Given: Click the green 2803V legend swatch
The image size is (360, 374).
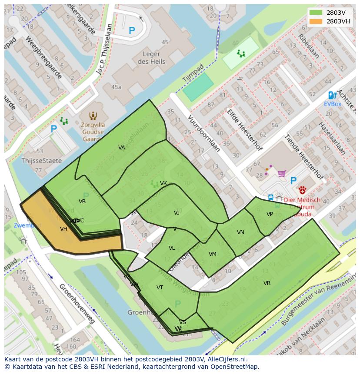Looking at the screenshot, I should [316, 13].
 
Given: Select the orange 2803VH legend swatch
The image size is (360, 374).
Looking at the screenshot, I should [316, 21].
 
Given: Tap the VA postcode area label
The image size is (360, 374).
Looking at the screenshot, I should [122, 148].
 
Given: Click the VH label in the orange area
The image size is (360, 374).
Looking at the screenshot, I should [63, 229].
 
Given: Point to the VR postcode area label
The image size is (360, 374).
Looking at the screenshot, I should [267, 283].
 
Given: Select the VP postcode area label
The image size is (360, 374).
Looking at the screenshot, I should [270, 214].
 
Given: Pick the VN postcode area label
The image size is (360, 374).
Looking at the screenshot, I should [240, 232].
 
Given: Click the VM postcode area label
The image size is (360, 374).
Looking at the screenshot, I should [212, 254].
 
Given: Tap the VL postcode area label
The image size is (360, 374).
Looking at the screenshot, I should [172, 248].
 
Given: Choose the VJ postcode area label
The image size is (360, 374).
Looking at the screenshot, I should [177, 213].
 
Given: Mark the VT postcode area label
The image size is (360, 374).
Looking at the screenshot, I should [160, 288].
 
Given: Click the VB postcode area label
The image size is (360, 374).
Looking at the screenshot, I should [82, 202].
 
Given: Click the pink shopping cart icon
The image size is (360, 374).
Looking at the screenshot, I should [282, 174].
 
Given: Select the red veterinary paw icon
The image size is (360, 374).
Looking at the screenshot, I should [302, 190].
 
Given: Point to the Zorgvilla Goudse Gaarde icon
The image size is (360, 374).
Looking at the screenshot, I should [93, 116].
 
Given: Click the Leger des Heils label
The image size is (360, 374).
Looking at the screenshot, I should [151, 58].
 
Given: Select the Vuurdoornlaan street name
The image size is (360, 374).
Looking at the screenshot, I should [203, 133].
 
